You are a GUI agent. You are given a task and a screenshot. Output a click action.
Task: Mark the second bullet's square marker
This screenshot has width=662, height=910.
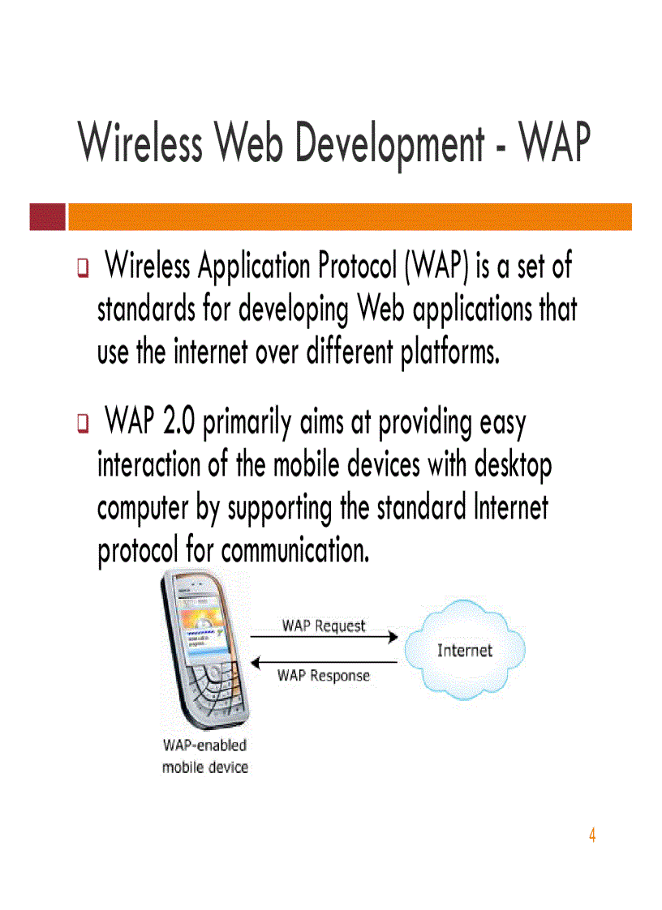83,425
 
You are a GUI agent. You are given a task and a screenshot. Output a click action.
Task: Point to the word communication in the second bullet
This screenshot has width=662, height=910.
295,551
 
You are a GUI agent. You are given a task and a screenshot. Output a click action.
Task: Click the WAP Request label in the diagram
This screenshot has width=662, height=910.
324,626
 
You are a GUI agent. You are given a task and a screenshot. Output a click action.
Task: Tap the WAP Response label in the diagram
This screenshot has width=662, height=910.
324,676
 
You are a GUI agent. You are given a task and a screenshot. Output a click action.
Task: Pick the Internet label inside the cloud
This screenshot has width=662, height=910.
465,650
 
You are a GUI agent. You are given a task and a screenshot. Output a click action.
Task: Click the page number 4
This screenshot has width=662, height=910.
592,835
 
